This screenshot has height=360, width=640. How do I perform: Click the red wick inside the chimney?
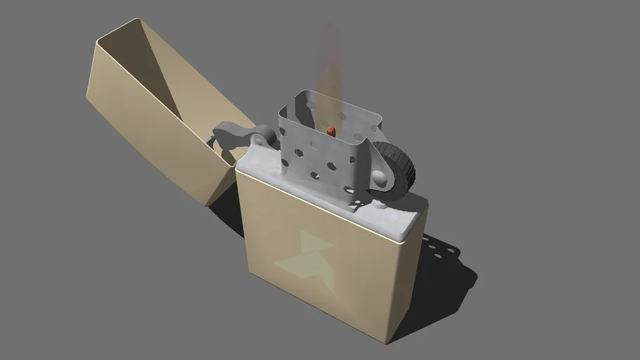329,131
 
